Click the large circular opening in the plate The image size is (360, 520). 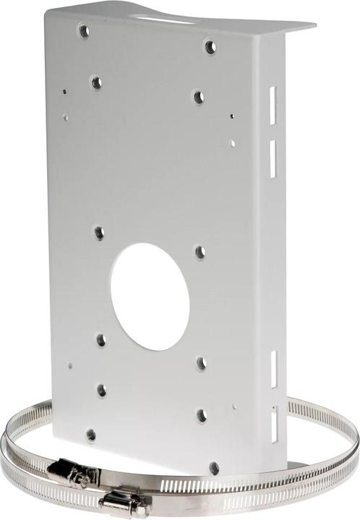tap(150, 296)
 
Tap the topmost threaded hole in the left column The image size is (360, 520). tap(84, 31)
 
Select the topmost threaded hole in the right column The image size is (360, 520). tap(210, 47)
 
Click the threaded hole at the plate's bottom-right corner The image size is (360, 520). tap(213, 467)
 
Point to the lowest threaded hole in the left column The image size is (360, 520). tap(91, 435)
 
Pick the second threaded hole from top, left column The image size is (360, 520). tap(96, 82)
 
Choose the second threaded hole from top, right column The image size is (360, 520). tap(198, 96)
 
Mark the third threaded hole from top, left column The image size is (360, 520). tap(99, 233)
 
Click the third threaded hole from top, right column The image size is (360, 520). tap(200, 252)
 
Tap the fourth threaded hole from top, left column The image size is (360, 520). tap(101, 339)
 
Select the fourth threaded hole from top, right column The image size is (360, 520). tap(202, 363)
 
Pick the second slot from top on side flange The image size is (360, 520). tap(273, 159)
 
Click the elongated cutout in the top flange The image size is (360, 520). tap(168, 17)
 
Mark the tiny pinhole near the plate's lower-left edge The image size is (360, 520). tap(70, 365)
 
